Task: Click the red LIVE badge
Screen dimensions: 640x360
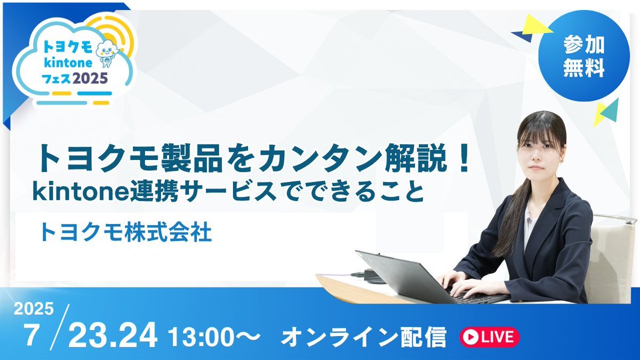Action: point(490,337)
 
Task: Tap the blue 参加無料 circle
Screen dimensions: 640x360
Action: point(584,56)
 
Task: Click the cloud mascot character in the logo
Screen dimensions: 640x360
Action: point(106,53)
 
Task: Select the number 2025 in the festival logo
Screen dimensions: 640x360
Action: point(90,78)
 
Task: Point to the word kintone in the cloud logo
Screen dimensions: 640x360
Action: point(68,63)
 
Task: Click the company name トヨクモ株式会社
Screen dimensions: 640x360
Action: point(126,233)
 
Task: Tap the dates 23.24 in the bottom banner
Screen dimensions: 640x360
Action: point(113,334)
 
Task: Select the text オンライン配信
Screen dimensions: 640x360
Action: point(363,337)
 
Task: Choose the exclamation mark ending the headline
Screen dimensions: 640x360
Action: point(462,158)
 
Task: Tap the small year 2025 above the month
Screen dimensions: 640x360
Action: point(34,309)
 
